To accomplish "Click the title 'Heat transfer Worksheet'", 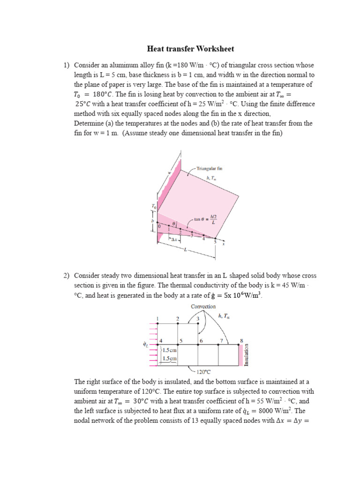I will (x=190, y=49).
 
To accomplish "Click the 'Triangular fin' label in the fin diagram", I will (x=210, y=167).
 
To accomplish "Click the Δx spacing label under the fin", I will (x=172, y=239).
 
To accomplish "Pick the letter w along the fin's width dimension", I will (x=169, y=172).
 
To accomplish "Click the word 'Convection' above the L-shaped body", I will (x=203, y=306).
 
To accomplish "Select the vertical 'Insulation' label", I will (x=247, y=355).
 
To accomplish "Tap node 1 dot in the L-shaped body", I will (x=157, y=323).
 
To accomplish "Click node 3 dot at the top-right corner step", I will (x=198, y=323).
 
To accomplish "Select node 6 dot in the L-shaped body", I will (x=198, y=345).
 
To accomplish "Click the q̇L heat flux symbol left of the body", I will (x=145, y=345).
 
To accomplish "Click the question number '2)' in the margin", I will (x=67, y=276).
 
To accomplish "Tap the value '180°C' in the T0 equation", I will (x=98, y=94).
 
